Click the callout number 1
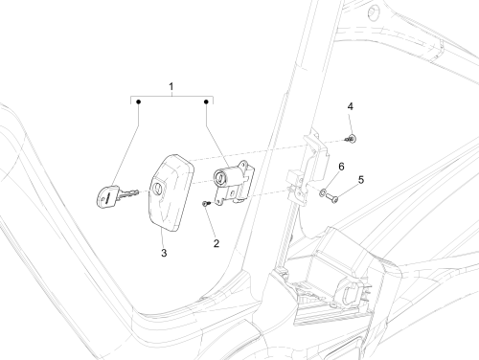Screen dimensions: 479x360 point(171,86)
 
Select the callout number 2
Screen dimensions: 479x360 point(217,243)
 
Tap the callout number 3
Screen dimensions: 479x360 point(164,253)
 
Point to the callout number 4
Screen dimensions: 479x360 point(351,106)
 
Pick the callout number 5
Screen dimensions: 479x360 point(361,180)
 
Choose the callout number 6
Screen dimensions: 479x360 point(341,167)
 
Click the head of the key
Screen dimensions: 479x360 point(106,197)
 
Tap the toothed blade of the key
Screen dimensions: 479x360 point(128,193)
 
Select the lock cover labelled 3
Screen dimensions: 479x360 point(171,192)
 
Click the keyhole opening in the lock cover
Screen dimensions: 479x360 point(158,189)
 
